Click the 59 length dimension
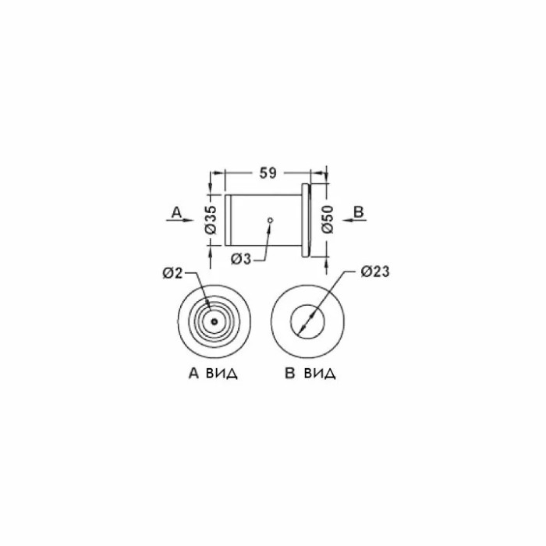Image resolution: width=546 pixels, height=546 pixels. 268,173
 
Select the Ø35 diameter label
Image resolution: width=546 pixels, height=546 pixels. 211,220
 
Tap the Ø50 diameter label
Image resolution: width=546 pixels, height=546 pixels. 328,219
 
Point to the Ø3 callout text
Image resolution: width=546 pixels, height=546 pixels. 240,259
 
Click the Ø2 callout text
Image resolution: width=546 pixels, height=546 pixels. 172,273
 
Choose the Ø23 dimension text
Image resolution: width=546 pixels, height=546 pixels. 375,271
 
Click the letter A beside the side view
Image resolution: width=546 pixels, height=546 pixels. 176,212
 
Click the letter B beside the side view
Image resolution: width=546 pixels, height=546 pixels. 359,211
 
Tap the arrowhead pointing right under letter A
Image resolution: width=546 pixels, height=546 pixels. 189,220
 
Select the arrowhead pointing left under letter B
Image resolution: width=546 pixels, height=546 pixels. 347,219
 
